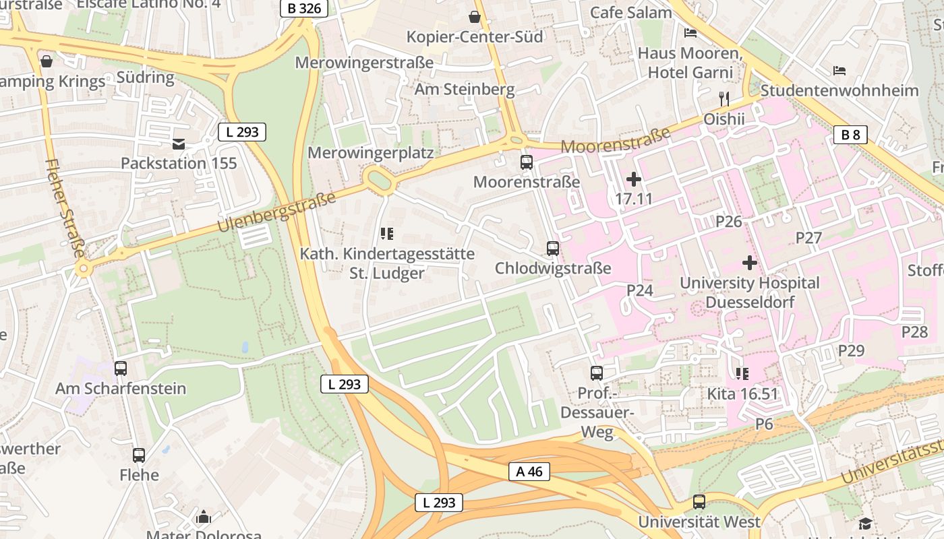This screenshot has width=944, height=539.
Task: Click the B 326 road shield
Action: click(303, 9)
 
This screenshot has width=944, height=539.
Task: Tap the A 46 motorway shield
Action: click(529, 472)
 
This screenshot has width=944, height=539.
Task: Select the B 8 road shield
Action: click(850, 135)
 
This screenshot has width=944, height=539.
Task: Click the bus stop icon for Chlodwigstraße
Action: click(553, 249)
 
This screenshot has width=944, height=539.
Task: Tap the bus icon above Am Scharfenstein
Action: click(121, 369)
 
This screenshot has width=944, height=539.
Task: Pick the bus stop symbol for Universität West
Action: click(699, 502)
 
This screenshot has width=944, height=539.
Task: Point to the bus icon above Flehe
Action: click(139, 455)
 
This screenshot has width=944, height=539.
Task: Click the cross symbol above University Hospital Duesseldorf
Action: click(749, 263)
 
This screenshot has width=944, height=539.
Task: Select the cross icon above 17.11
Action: click(634, 179)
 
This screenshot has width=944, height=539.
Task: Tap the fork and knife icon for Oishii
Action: click(724, 99)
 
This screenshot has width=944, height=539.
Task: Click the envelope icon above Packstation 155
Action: click(179, 144)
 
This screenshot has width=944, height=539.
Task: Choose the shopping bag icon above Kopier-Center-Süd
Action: click(475, 17)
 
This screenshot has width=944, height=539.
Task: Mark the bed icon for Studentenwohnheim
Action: click(839, 70)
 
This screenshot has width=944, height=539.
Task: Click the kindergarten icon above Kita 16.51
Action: click(742, 374)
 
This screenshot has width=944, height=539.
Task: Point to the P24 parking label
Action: click(640, 290)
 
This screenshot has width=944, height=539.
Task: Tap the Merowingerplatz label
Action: click(370, 153)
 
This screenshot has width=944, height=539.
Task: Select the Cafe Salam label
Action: click(630, 12)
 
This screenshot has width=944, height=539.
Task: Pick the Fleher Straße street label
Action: click(65, 208)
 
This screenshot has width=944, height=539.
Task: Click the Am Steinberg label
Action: click(464, 89)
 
